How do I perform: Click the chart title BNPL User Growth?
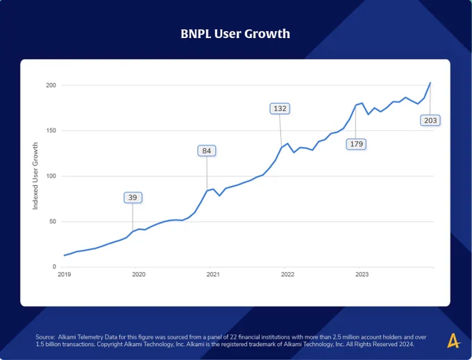click(x=235, y=34)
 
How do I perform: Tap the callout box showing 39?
click(x=133, y=198)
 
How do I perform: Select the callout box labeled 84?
click(x=207, y=151)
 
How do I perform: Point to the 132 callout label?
click(x=280, y=109)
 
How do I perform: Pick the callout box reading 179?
click(x=356, y=144)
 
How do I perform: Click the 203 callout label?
click(x=430, y=121)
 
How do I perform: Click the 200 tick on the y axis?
click(x=51, y=85)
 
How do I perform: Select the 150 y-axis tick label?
click(x=51, y=131)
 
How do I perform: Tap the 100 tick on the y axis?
click(x=51, y=176)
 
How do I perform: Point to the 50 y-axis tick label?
click(x=53, y=222)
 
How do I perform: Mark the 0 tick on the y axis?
click(x=54, y=267)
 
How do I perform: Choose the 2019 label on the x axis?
click(x=64, y=274)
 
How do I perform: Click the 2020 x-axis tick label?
click(x=138, y=274)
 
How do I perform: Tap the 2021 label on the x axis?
click(x=213, y=274)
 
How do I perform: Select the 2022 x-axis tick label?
click(x=287, y=274)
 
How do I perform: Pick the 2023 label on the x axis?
click(x=362, y=274)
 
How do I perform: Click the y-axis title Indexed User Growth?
click(x=35, y=176)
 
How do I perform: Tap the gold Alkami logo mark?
click(x=454, y=341)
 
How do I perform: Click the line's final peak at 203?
click(x=430, y=83)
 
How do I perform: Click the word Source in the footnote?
click(x=45, y=337)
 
